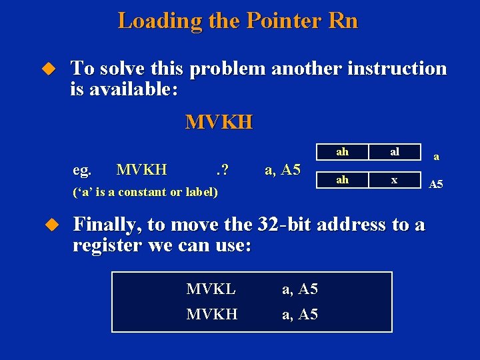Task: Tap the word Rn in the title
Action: (343, 21)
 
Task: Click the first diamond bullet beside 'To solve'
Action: (47, 68)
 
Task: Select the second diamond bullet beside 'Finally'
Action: (47, 225)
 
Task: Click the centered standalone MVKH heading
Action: (219, 122)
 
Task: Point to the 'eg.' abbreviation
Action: (81, 170)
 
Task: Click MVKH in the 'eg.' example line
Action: (141, 170)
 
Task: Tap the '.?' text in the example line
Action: (222, 170)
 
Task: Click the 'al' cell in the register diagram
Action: (395, 152)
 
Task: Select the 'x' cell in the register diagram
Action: (395, 179)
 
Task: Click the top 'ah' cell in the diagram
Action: (342, 152)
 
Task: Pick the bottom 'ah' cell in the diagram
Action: (342, 179)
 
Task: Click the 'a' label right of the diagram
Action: (436, 157)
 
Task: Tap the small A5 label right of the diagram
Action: (435, 185)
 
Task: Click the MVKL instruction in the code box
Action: (211, 289)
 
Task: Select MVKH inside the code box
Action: (212, 313)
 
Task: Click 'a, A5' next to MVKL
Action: (300, 289)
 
